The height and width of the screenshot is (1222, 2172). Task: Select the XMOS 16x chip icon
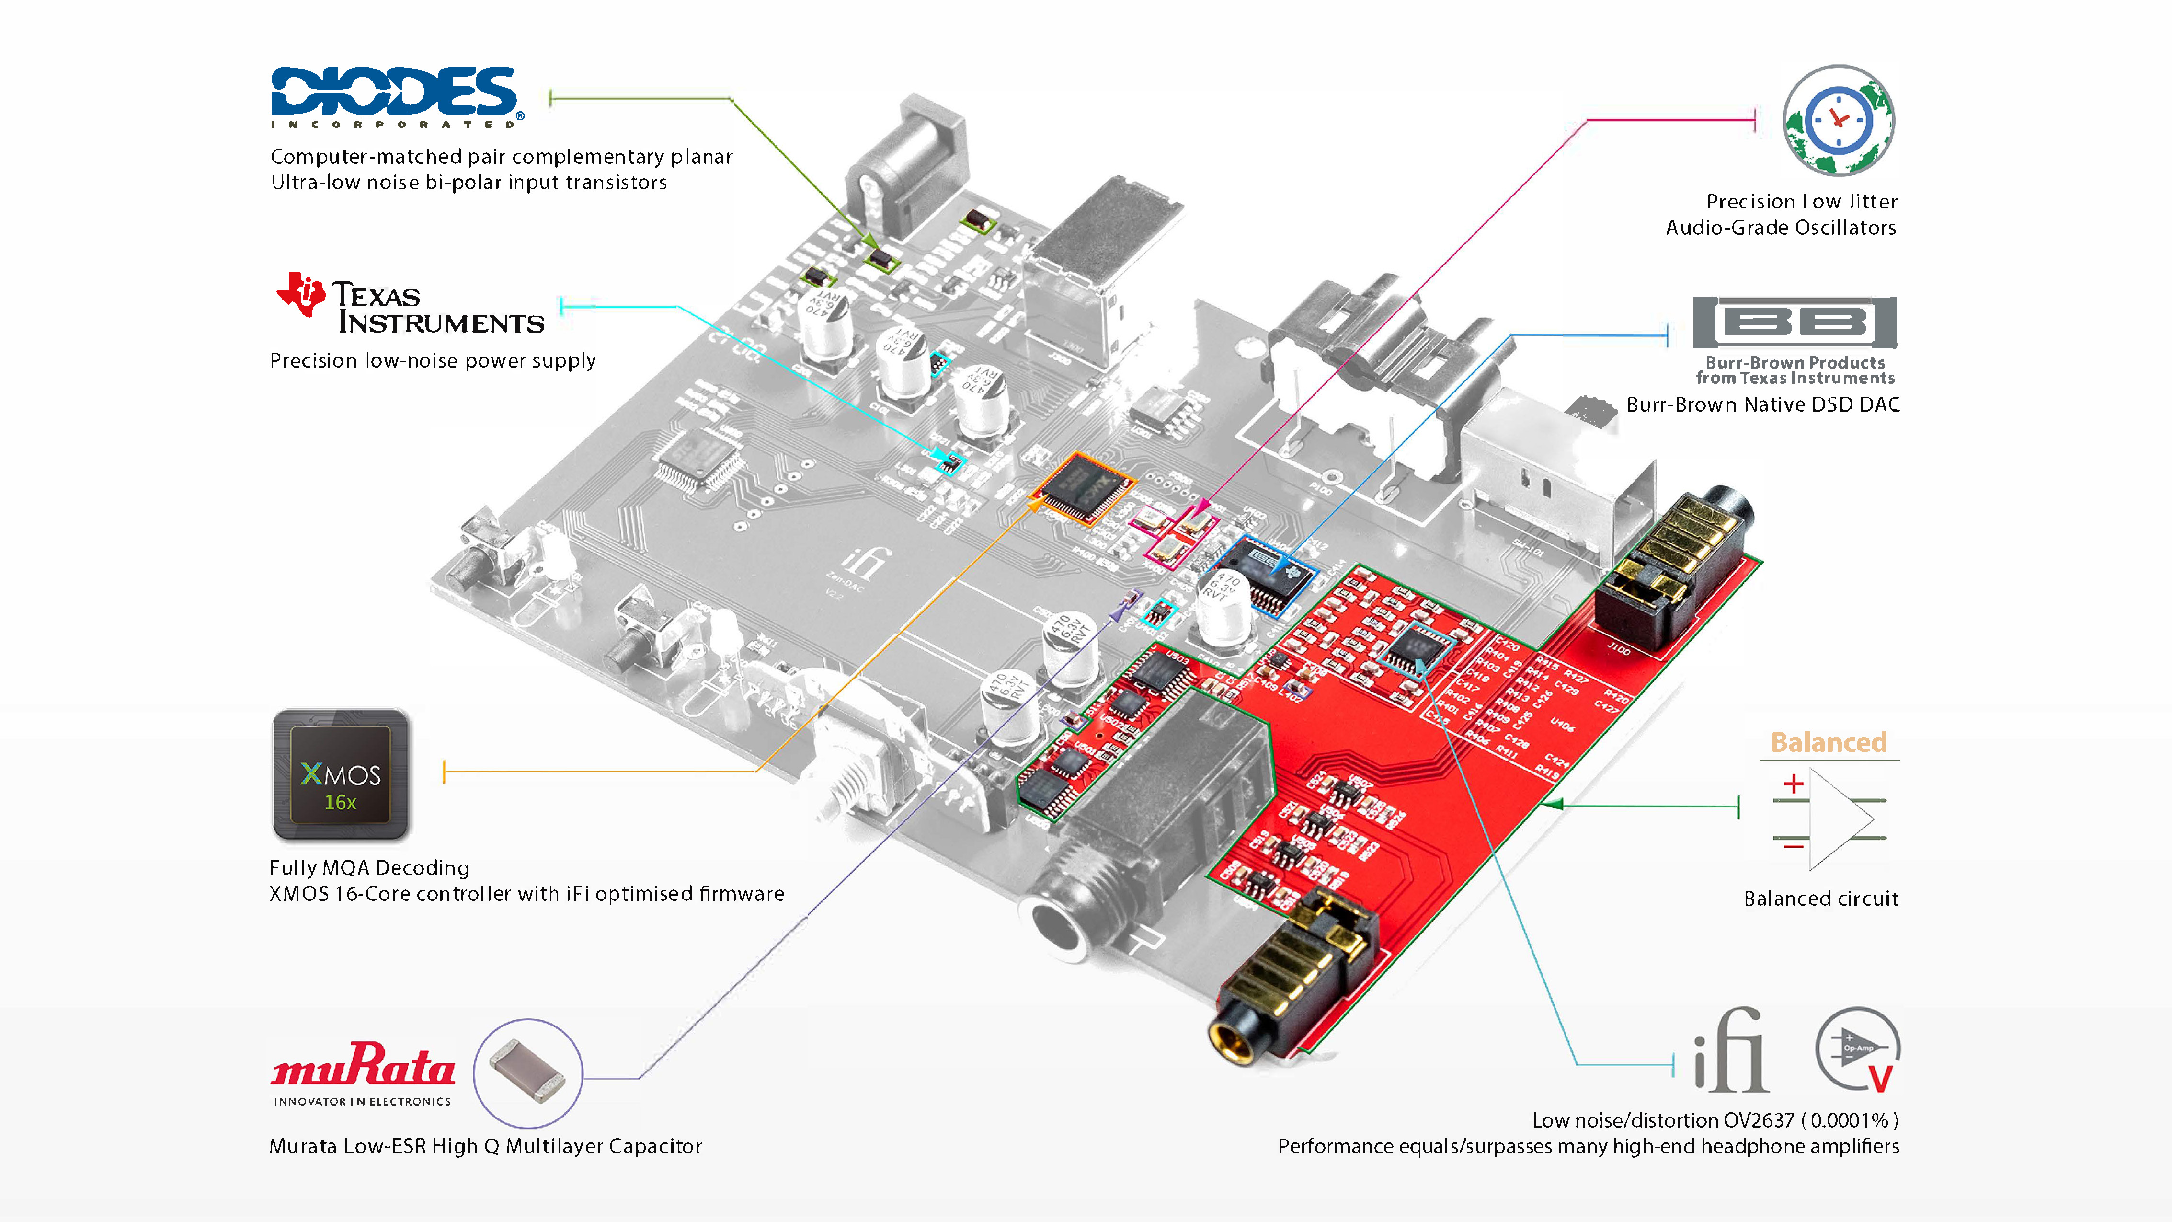click(341, 774)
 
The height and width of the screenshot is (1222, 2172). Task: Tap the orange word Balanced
click(1828, 742)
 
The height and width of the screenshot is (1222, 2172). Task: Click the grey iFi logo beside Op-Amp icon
click(1730, 1050)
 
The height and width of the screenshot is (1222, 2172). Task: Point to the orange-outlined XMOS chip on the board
click(1084, 487)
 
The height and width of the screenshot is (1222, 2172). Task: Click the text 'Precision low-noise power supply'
click(433, 361)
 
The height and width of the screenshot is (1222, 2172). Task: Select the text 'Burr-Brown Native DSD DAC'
click(1762, 405)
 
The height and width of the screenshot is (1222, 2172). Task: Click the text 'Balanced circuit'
click(1820, 899)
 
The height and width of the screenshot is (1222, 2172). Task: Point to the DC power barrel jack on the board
click(906, 169)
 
